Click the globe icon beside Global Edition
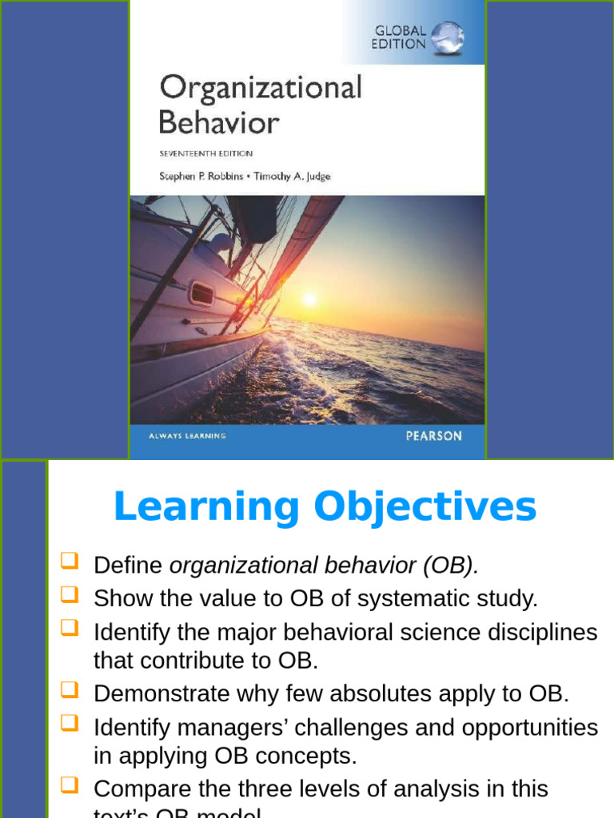pos(448,37)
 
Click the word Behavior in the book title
pos(218,122)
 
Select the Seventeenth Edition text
pos(206,153)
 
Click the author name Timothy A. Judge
pos(292,177)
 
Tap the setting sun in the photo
pos(309,300)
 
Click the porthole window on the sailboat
pos(202,294)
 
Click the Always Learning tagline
pos(188,436)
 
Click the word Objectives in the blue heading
pos(425,507)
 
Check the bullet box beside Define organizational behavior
pos(70,562)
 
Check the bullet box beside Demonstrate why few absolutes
pos(70,690)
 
